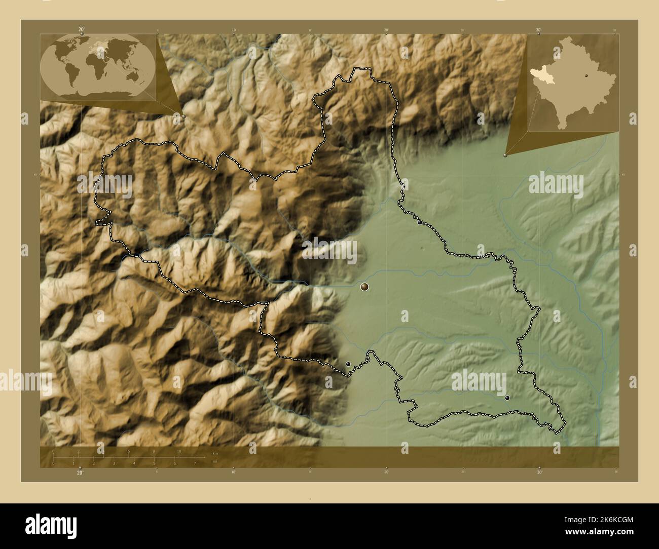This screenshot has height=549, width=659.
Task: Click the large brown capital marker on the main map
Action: (364, 287)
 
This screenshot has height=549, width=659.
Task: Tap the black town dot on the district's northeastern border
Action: (420, 222)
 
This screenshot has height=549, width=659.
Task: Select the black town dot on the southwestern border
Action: (348, 364)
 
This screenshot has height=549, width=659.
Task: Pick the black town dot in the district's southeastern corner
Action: (507, 398)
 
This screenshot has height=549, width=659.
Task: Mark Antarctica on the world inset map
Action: (99, 92)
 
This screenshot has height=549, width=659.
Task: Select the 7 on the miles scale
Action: (195, 463)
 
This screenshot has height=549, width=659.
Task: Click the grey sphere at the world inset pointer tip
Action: (184, 116)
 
